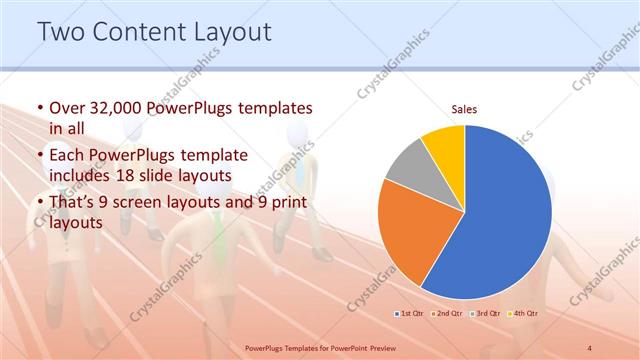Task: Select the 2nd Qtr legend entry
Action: click(x=448, y=314)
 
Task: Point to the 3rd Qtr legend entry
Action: click(x=486, y=314)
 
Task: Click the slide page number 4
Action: click(x=590, y=347)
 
